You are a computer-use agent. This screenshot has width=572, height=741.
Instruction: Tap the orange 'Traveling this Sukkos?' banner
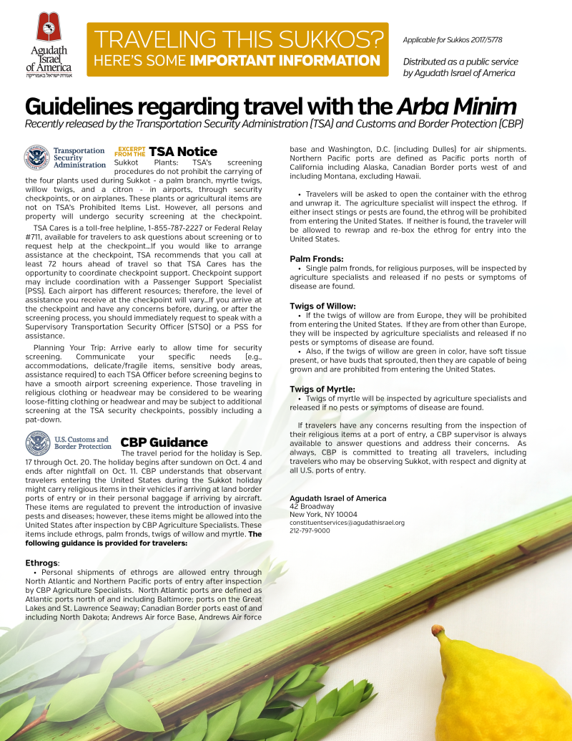237,49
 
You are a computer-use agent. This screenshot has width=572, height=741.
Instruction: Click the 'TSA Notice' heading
182,151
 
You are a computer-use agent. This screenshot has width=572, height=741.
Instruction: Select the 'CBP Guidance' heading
164,442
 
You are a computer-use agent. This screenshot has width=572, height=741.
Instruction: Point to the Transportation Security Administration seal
36,157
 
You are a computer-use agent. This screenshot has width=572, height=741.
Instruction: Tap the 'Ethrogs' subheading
42,563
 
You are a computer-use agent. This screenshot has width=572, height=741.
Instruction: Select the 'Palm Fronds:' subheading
317,258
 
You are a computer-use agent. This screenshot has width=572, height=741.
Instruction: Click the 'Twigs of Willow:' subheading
322,306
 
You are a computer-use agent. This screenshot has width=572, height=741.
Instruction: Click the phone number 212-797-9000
310,531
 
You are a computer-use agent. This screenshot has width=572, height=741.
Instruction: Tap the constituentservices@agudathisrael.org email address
347,523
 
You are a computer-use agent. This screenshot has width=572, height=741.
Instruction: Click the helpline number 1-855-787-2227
197,226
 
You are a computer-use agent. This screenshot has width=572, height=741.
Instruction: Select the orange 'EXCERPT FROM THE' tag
129,151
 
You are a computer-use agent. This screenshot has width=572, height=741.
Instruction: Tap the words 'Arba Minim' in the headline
456,107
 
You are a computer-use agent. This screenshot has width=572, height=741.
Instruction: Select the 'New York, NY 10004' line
323,514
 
